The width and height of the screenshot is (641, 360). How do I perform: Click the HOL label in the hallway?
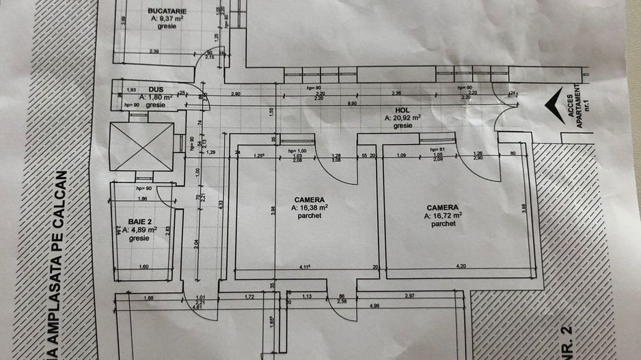click(x=402, y=109)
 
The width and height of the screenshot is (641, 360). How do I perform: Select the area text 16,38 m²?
click(x=309, y=208)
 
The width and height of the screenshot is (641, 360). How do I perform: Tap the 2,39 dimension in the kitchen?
click(x=154, y=51)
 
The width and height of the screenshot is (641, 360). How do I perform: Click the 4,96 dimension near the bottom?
click(x=373, y=305)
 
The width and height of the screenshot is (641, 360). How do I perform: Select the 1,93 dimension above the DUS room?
click(x=131, y=89)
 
